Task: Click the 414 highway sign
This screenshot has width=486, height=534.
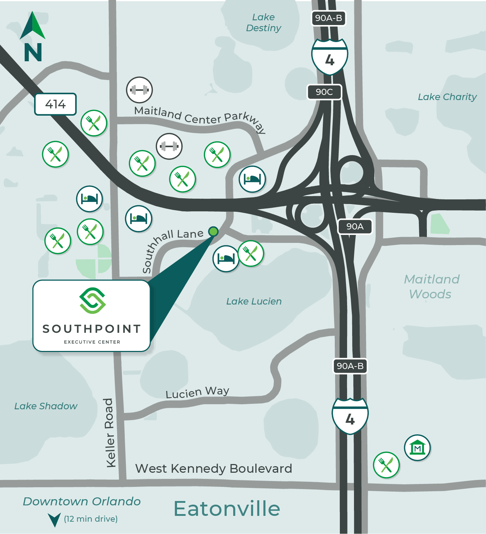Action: point(55,104)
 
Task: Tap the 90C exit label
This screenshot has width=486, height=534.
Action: point(324,92)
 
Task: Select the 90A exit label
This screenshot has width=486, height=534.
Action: point(355,227)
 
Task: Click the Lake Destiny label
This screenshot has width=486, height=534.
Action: point(264,22)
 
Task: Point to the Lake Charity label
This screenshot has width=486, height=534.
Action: point(447,97)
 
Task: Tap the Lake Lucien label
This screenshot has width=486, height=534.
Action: point(254,301)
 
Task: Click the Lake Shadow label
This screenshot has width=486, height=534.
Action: point(46,406)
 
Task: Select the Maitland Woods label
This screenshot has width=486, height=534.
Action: point(431,286)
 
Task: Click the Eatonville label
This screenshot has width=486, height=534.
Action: point(227,508)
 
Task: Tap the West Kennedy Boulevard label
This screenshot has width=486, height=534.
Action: point(214,468)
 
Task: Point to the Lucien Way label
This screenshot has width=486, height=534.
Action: point(197,392)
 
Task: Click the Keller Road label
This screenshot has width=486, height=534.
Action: point(110,433)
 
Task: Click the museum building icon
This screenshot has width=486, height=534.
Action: point(417,448)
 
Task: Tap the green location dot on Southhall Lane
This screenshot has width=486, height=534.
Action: point(213,231)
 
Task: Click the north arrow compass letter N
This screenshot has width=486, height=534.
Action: point(33,52)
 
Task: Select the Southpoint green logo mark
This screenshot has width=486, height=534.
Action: point(92,301)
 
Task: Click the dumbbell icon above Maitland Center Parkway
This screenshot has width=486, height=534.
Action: point(139,90)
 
